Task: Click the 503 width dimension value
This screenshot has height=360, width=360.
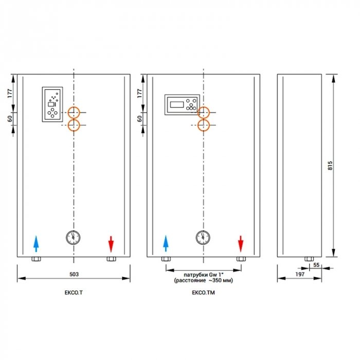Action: [74, 274]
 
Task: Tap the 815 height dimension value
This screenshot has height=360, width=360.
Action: [330, 166]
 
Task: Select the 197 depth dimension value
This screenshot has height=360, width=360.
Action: [300, 274]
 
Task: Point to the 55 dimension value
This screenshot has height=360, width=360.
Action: [316, 265]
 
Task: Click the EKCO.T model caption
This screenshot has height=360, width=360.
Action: [74, 293]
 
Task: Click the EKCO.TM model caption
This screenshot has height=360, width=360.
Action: [204, 293]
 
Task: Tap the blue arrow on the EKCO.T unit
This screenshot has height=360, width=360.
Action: [36, 244]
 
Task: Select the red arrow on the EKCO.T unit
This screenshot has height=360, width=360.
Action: [111, 244]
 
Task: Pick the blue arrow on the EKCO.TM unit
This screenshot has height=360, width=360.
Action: [166, 243]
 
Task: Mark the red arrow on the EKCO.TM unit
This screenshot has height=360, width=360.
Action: [241, 244]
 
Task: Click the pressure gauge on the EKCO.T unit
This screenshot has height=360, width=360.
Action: [73, 238]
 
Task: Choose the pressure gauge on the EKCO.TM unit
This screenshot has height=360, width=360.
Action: [203, 238]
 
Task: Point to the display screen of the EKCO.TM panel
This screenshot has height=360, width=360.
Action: [177, 104]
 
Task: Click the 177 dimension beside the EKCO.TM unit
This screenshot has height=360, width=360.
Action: [139, 93]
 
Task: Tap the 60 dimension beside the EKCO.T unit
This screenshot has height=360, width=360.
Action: [10, 119]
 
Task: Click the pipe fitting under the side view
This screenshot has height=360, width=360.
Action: [309, 259]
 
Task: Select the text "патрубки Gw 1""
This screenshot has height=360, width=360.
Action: [204, 275]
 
